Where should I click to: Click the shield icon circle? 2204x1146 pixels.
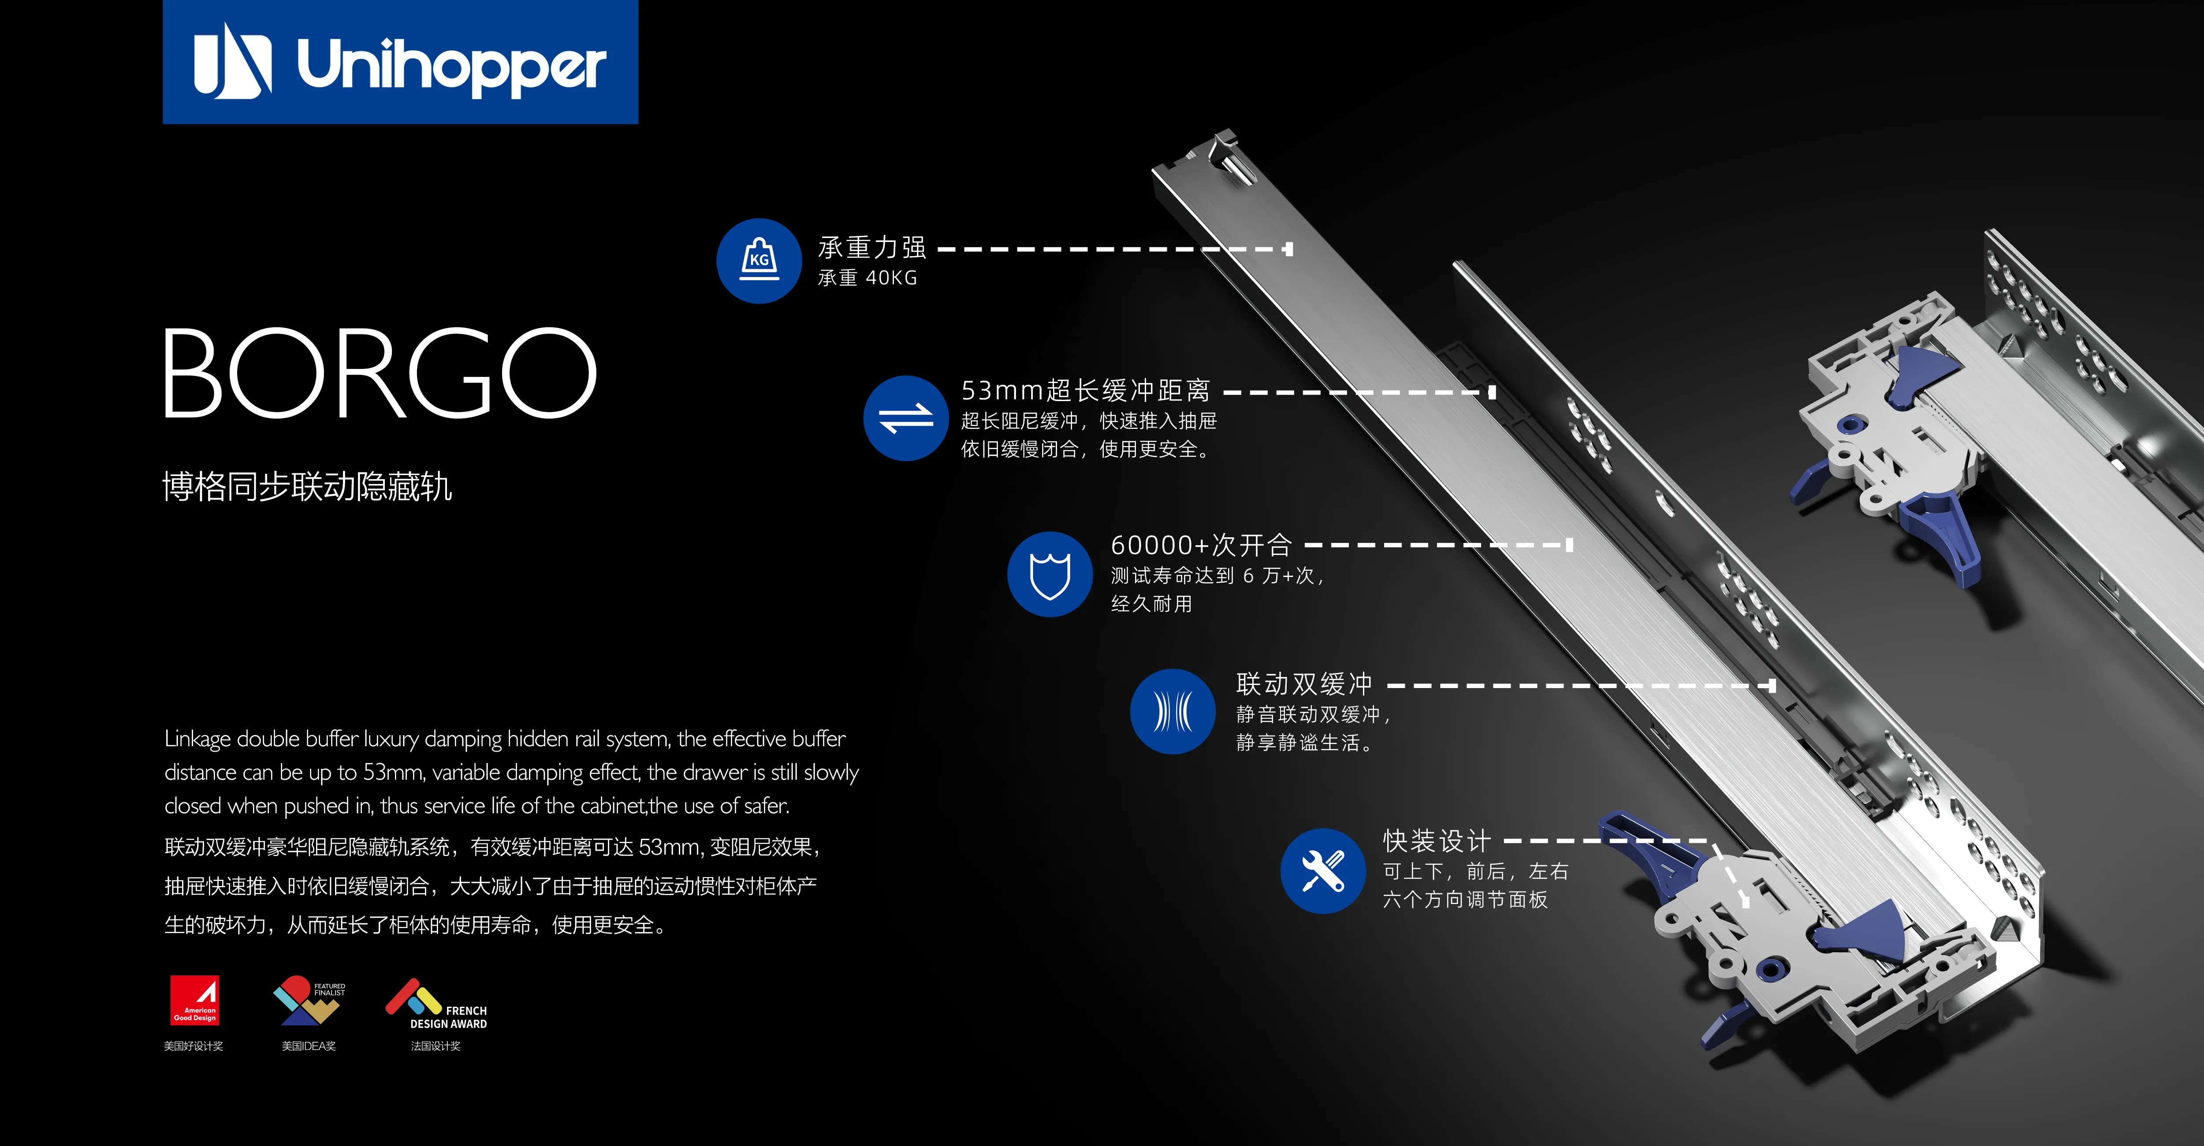(1050, 574)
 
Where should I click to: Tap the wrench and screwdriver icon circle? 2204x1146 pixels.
(1323, 871)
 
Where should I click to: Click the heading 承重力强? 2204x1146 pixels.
(872, 247)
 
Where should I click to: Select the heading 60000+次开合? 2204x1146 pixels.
(1201, 545)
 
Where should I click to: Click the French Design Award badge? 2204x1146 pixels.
(436, 1004)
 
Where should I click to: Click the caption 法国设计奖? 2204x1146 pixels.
(436, 1046)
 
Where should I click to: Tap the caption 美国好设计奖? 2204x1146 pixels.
(194, 1046)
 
